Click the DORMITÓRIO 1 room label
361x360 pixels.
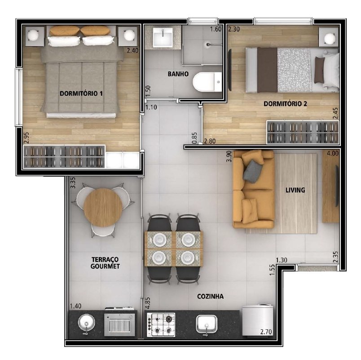81,93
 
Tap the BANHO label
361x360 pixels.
178,74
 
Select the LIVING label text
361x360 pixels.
295,190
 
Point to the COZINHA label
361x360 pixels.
210,296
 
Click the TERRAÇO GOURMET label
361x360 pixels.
105,263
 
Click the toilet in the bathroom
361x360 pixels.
207,82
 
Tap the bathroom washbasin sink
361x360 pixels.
163,37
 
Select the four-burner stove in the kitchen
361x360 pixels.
161,324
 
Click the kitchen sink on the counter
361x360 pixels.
207,324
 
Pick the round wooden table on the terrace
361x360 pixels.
103,208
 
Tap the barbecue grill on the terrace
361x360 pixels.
119,324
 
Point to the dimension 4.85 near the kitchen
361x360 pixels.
148,303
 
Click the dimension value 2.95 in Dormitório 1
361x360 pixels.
26,138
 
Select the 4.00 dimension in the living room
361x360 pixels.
333,153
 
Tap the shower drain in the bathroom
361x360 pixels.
208,44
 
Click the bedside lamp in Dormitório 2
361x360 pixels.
330,38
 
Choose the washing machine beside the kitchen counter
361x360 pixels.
258,320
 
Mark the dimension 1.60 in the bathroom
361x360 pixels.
216,29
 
